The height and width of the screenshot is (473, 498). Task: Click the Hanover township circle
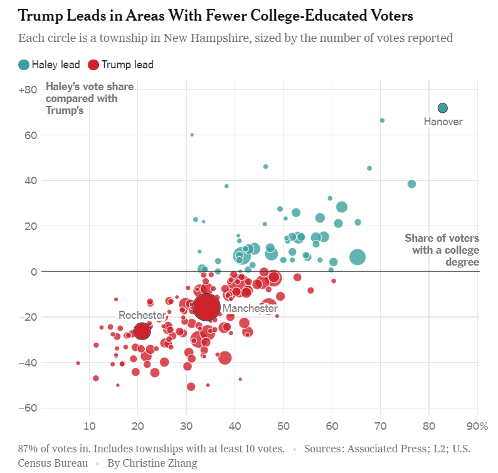442,108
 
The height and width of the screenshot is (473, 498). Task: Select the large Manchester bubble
206,307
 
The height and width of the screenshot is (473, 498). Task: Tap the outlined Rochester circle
142,331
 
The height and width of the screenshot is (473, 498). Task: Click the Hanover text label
443,122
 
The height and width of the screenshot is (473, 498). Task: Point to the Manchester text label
250,308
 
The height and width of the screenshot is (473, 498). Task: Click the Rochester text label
142,315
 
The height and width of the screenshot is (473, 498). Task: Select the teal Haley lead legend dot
24,65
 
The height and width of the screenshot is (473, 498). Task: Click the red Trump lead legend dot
93,65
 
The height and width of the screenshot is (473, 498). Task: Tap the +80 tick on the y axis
28,90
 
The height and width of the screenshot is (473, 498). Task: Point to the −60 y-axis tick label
28,408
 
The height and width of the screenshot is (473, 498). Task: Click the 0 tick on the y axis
34,272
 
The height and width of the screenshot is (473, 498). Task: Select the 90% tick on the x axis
477,426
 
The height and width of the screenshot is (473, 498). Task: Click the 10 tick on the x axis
89,426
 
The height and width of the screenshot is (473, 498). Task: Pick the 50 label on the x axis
283,426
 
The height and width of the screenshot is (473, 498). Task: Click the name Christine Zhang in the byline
160,463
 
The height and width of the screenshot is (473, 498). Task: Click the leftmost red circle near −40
78,363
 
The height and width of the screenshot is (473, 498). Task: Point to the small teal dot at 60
192,135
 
